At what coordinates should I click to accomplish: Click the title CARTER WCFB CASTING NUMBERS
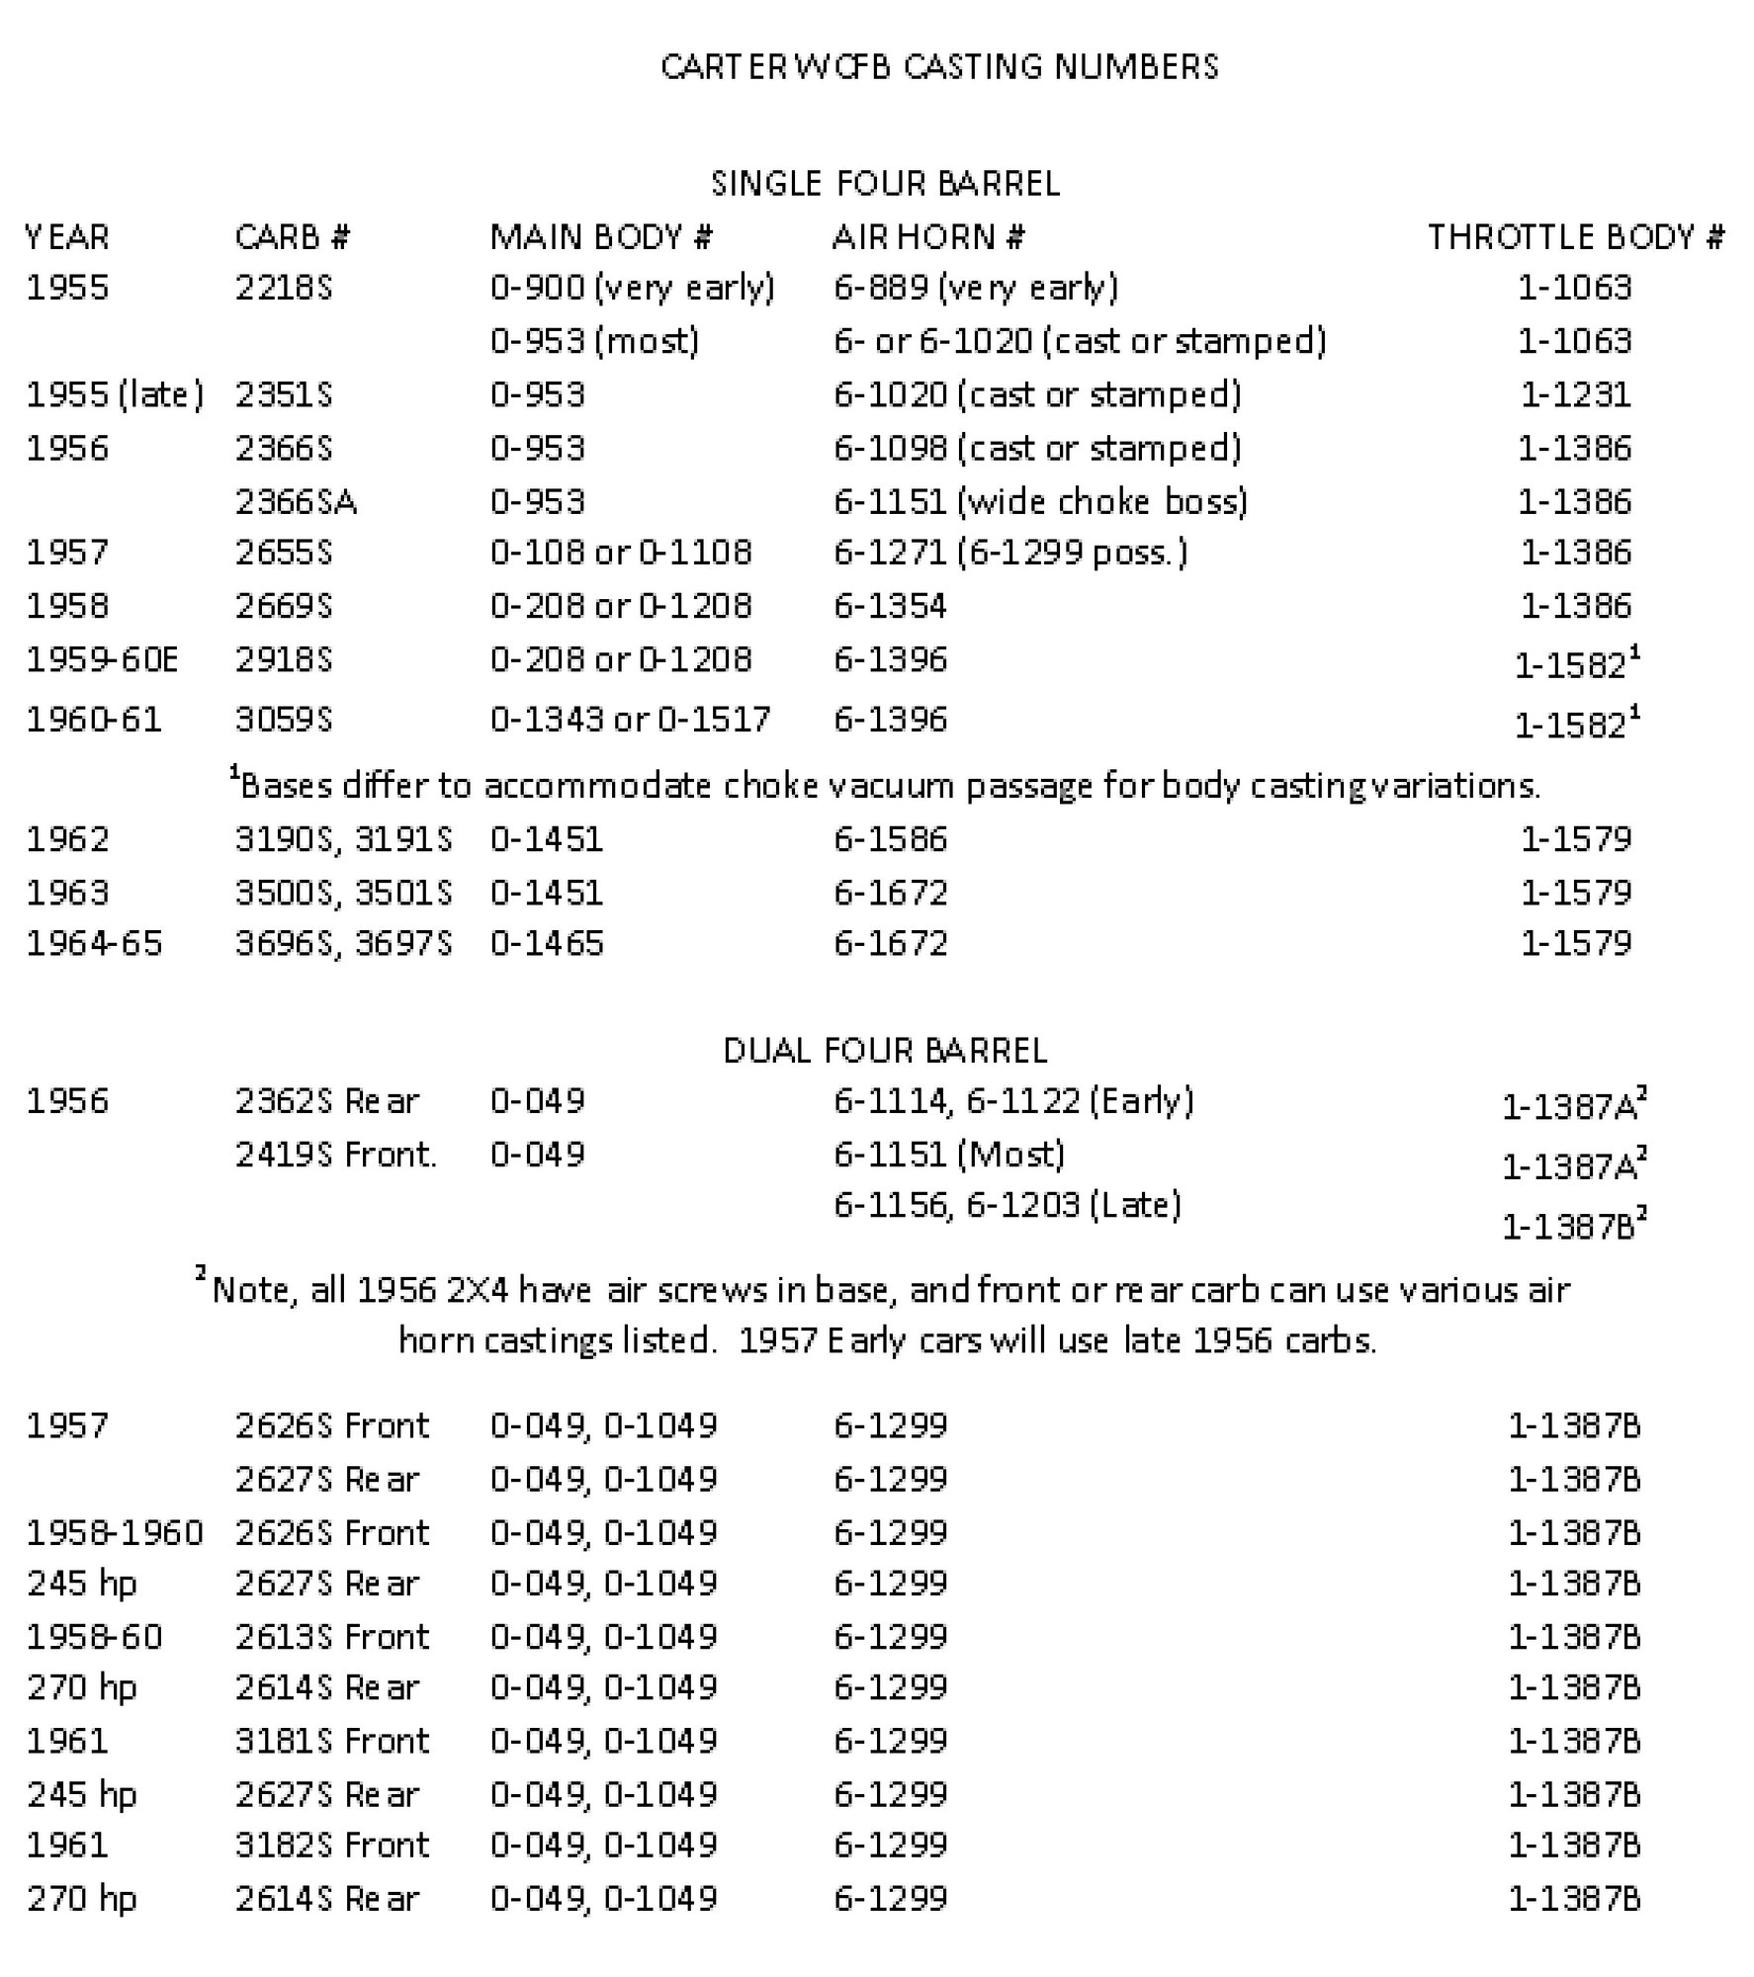(x=938, y=66)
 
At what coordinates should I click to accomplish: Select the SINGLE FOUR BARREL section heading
(x=885, y=183)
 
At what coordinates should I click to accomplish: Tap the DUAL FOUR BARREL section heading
(x=885, y=1049)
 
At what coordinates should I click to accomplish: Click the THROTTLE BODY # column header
(x=1576, y=236)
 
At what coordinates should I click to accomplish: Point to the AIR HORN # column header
(x=928, y=236)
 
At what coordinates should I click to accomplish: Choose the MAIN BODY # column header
(x=601, y=236)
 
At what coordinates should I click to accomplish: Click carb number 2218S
(x=284, y=288)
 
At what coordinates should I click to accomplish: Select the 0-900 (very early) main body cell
(x=632, y=288)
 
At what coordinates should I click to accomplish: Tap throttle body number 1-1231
(x=1575, y=394)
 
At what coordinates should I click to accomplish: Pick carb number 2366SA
(x=296, y=501)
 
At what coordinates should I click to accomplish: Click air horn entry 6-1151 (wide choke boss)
(x=1040, y=501)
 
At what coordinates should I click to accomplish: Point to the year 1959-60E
(x=102, y=659)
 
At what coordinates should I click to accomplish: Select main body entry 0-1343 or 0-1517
(x=630, y=719)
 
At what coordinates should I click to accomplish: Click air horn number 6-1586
(x=890, y=838)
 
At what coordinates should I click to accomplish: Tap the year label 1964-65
(x=94, y=942)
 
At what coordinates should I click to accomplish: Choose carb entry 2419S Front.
(x=336, y=1154)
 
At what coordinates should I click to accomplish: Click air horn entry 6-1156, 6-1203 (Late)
(x=1008, y=1205)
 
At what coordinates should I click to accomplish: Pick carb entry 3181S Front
(x=332, y=1740)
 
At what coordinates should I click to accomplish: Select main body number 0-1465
(x=547, y=942)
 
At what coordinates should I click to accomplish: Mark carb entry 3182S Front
(x=332, y=1845)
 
